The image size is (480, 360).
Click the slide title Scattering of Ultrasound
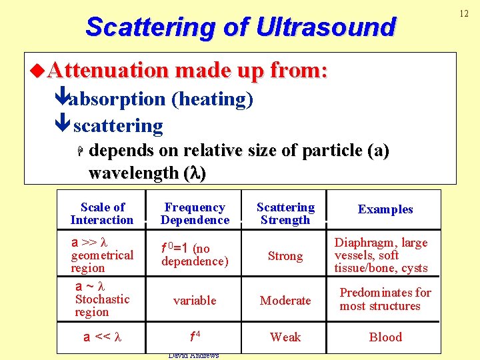tap(240, 27)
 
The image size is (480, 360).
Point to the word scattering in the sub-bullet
tap(118, 125)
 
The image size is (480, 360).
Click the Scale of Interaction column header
tap(102, 213)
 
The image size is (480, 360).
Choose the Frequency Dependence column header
tap(195, 213)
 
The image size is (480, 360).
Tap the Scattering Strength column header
tap(285, 213)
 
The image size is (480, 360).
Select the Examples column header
tap(385, 209)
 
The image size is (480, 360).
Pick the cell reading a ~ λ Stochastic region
tap(101, 299)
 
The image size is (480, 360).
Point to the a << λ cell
tap(102, 337)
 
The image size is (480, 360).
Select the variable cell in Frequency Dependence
tap(195, 301)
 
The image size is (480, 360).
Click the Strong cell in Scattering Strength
tap(285, 256)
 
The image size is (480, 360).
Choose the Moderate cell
tap(285, 301)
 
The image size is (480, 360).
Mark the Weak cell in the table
tap(285, 337)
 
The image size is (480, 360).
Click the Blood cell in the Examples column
tap(385, 337)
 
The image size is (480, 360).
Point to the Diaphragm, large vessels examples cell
tap(381, 255)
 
